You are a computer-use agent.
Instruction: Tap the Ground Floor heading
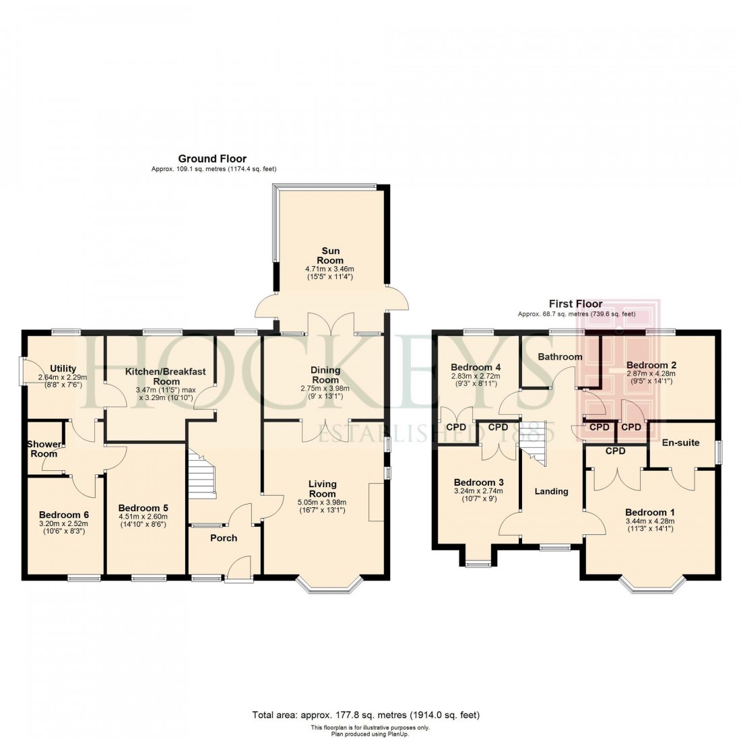[x=212, y=159]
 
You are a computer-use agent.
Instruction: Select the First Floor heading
[x=575, y=304]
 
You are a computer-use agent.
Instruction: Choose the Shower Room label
[x=42, y=449]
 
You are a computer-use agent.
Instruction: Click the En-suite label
[x=680, y=443]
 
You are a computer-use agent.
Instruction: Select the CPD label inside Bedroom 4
[x=456, y=426]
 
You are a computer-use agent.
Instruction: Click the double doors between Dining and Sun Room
[x=330, y=325]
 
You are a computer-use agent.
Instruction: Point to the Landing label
[x=551, y=491]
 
